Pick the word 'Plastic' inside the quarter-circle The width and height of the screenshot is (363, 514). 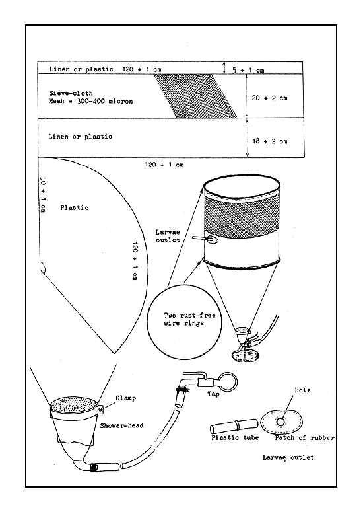(x=74, y=207)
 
